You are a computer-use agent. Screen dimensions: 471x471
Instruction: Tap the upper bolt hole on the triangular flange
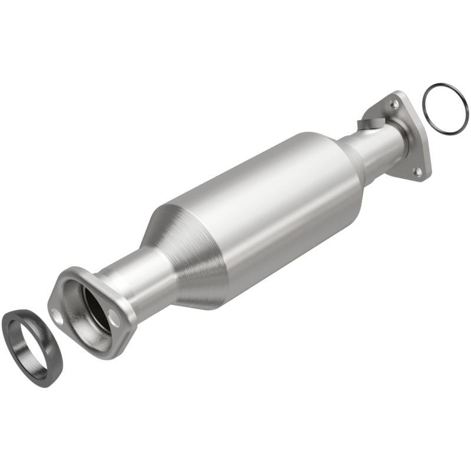click(x=394, y=104)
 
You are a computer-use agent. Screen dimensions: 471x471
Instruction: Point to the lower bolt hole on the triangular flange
click(x=417, y=171)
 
